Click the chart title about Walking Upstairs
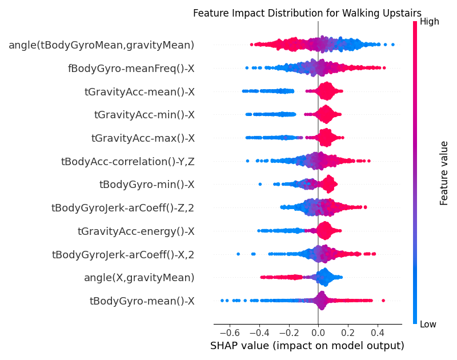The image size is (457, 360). pyautogui.click(x=307, y=13)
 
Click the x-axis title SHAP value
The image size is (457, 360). pyautogui.click(x=307, y=346)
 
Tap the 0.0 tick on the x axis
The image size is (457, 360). pyautogui.click(x=318, y=331)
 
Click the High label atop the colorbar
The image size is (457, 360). pyautogui.click(x=429, y=22)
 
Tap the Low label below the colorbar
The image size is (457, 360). pyautogui.click(x=428, y=325)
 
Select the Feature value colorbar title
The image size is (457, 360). pyautogui.click(x=444, y=173)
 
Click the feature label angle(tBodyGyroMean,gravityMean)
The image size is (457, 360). pyautogui.click(x=101, y=45)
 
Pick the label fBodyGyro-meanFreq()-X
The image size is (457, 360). pyautogui.click(x=131, y=68)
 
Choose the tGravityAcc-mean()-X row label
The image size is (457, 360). pyautogui.click(x=139, y=91)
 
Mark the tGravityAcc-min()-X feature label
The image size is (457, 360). pyautogui.click(x=144, y=115)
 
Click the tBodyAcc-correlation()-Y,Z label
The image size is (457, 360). pyautogui.click(x=127, y=162)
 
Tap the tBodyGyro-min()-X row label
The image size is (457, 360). pyautogui.click(x=147, y=185)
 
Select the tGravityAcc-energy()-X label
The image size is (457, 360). pyautogui.click(x=136, y=231)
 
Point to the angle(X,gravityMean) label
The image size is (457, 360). pyautogui.click(x=139, y=278)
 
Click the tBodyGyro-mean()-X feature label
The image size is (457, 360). pyautogui.click(x=142, y=301)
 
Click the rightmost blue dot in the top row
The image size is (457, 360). pyautogui.click(x=393, y=44)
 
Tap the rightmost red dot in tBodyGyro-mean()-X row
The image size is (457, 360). pyautogui.click(x=383, y=301)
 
